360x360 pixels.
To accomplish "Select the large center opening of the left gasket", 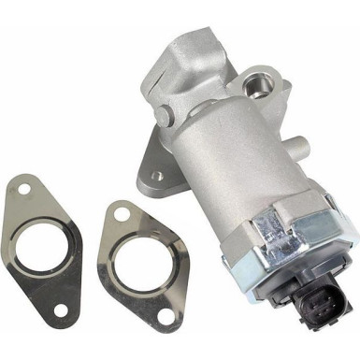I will (x=46, y=252).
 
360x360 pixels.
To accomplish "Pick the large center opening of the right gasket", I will (x=141, y=266).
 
